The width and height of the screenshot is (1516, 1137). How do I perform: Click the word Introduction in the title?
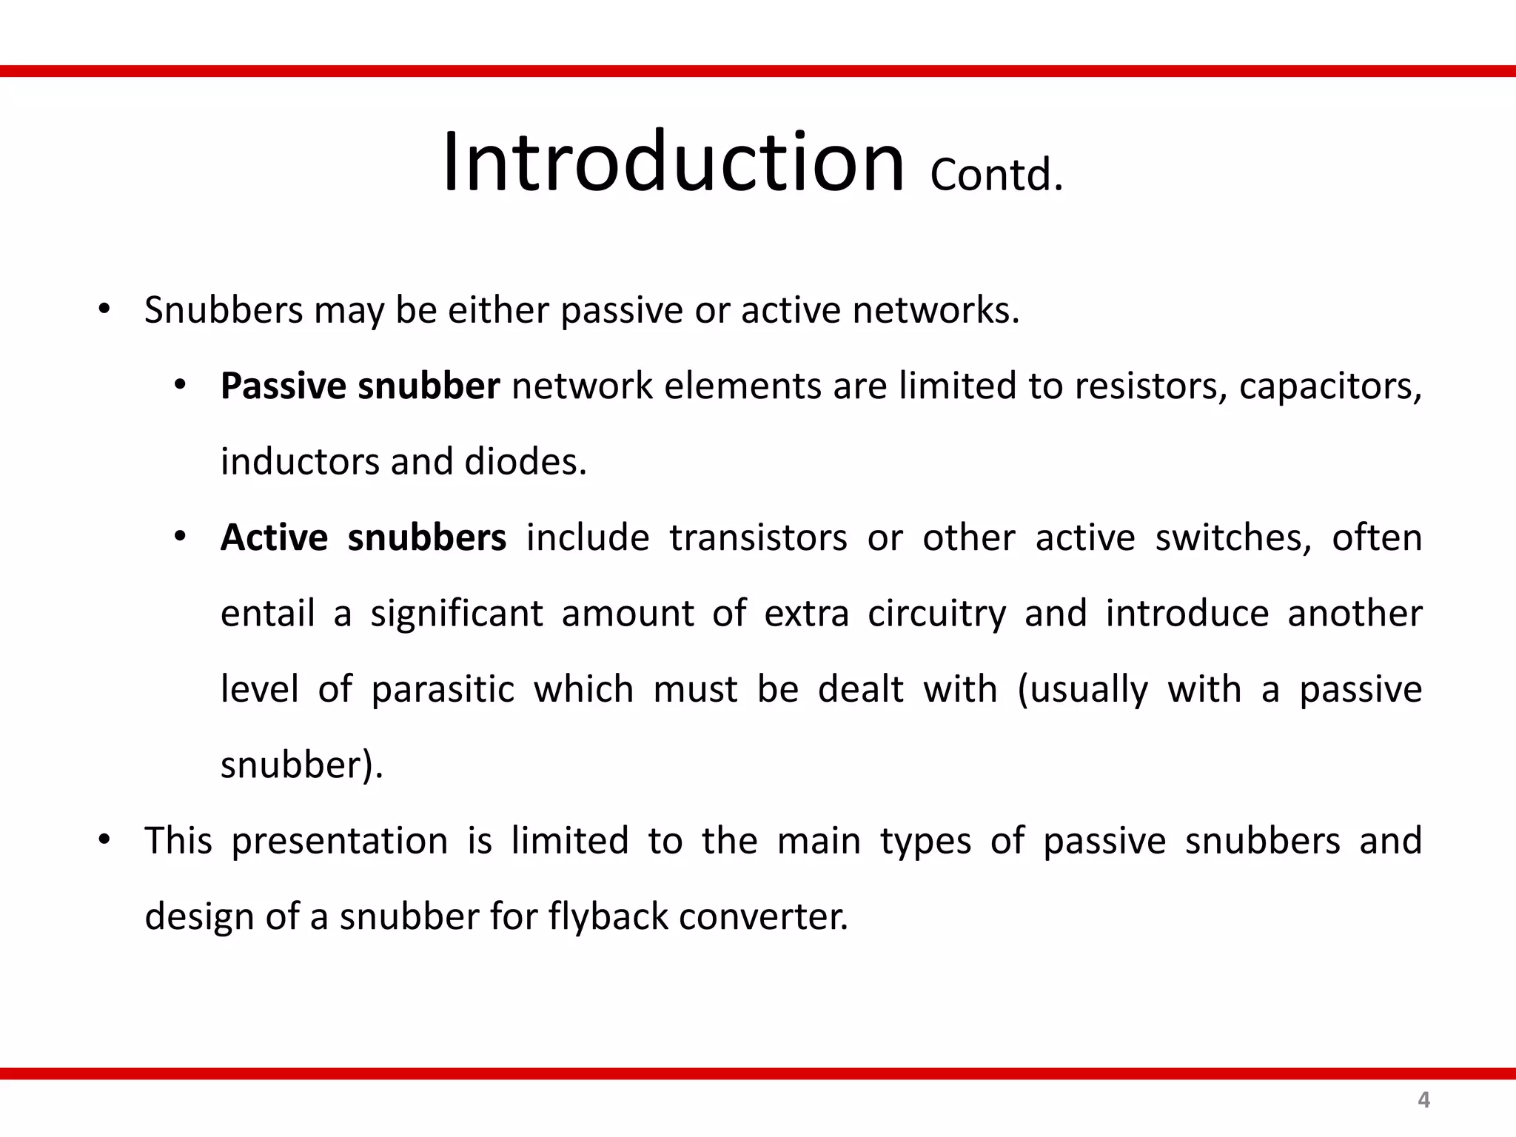tap(672, 163)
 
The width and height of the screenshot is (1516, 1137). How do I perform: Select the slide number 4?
tap(1423, 1100)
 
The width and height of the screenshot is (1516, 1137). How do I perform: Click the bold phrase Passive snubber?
tap(360, 386)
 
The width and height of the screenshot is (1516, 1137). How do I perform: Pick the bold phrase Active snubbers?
tap(363, 538)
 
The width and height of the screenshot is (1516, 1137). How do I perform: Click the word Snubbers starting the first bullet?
tap(224, 310)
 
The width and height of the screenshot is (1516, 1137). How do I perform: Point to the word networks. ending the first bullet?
tap(936, 310)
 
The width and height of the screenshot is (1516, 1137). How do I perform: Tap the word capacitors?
tap(1330, 386)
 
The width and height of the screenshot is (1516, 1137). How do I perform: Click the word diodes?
tap(525, 463)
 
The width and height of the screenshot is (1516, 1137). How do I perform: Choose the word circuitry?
tap(936, 614)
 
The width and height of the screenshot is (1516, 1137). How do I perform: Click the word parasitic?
tap(442, 690)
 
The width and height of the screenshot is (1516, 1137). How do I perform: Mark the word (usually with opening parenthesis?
tap(1082, 690)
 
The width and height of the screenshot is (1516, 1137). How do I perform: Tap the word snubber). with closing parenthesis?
tap(302, 765)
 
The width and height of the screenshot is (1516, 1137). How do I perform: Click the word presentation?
tap(339, 842)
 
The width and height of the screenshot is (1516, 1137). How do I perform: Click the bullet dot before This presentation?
tap(104, 839)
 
